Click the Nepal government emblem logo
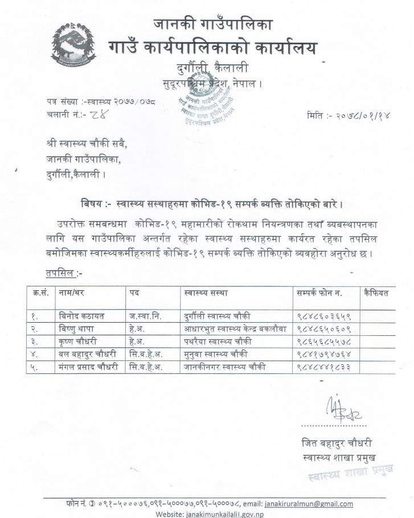(73, 46)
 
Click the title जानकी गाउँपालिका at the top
(213, 24)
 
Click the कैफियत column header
(377, 293)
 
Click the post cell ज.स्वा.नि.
(145, 316)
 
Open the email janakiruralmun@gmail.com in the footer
(309, 504)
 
